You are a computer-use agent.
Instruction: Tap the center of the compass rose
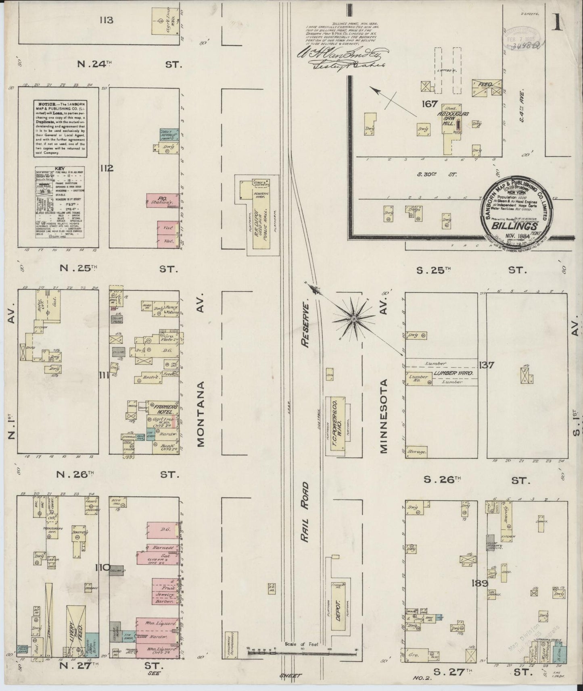[353, 319]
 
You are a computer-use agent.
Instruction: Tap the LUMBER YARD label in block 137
[452, 374]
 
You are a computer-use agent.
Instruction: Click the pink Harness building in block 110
[160, 548]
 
